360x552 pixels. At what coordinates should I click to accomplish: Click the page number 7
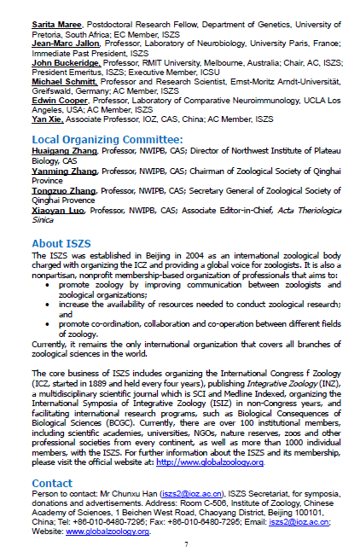(x=185, y=543)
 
